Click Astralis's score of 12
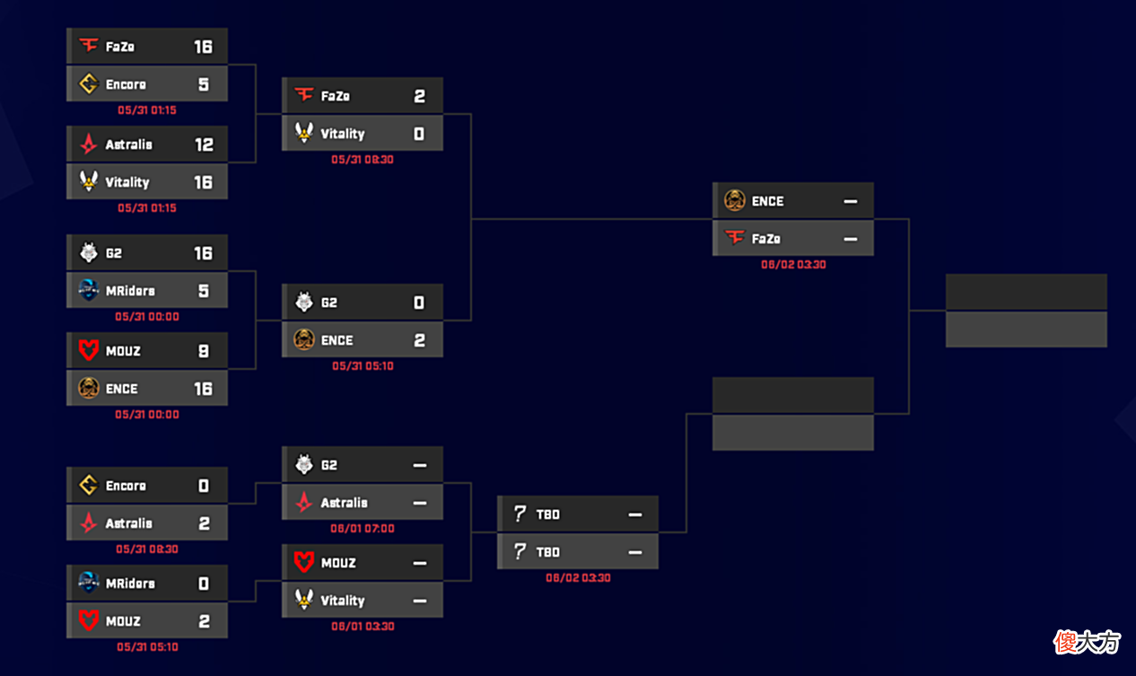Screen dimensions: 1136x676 point(204,145)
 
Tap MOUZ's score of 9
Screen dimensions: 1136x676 point(204,351)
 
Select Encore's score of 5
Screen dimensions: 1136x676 point(204,84)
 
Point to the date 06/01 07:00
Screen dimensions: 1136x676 point(363,528)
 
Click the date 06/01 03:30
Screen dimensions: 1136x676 point(363,627)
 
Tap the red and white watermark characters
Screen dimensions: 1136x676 point(1087,643)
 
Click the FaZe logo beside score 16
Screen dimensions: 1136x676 point(89,46)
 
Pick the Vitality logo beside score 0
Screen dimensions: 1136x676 point(304,133)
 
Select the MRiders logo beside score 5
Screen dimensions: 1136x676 point(89,290)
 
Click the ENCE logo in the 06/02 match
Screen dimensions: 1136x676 point(734,200)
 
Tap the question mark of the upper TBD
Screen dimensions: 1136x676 point(520,514)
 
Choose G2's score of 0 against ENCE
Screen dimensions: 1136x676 point(419,303)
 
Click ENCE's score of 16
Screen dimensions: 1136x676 point(204,389)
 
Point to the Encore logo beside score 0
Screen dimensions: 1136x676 point(89,485)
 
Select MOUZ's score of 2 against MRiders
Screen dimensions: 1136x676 point(204,621)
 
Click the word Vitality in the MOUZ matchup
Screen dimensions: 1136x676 point(343,601)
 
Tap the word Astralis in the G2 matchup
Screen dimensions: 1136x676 point(345,503)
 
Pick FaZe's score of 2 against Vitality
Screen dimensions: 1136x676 point(419,96)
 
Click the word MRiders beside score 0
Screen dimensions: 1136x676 point(130,584)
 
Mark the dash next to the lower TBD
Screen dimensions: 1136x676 point(635,552)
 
